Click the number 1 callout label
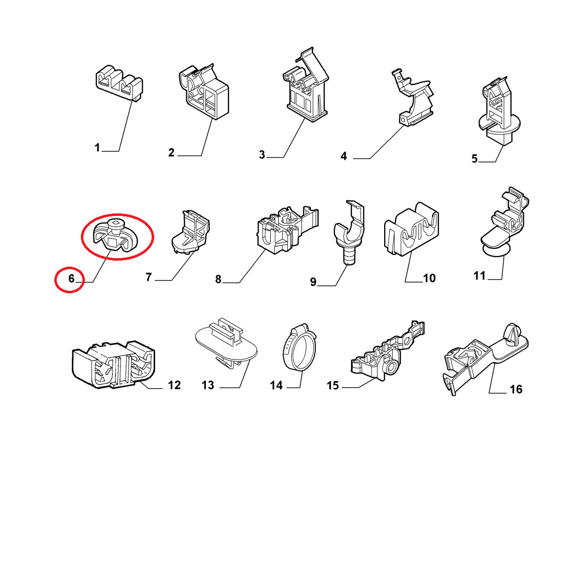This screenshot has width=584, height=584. (x=97, y=148)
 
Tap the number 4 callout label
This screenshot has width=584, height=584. (x=344, y=156)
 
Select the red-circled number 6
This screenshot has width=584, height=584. (x=71, y=278)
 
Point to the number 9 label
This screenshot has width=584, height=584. (x=313, y=282)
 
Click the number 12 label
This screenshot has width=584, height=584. (x=174, y=385)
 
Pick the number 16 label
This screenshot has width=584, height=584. (x=516, y=390)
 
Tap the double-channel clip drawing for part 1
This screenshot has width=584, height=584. (x=119, y=83)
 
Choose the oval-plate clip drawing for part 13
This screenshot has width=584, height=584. (x=226, y=344)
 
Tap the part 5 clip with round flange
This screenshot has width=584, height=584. (x=499, y=111)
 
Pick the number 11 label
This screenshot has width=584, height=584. (x=480, y=276)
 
